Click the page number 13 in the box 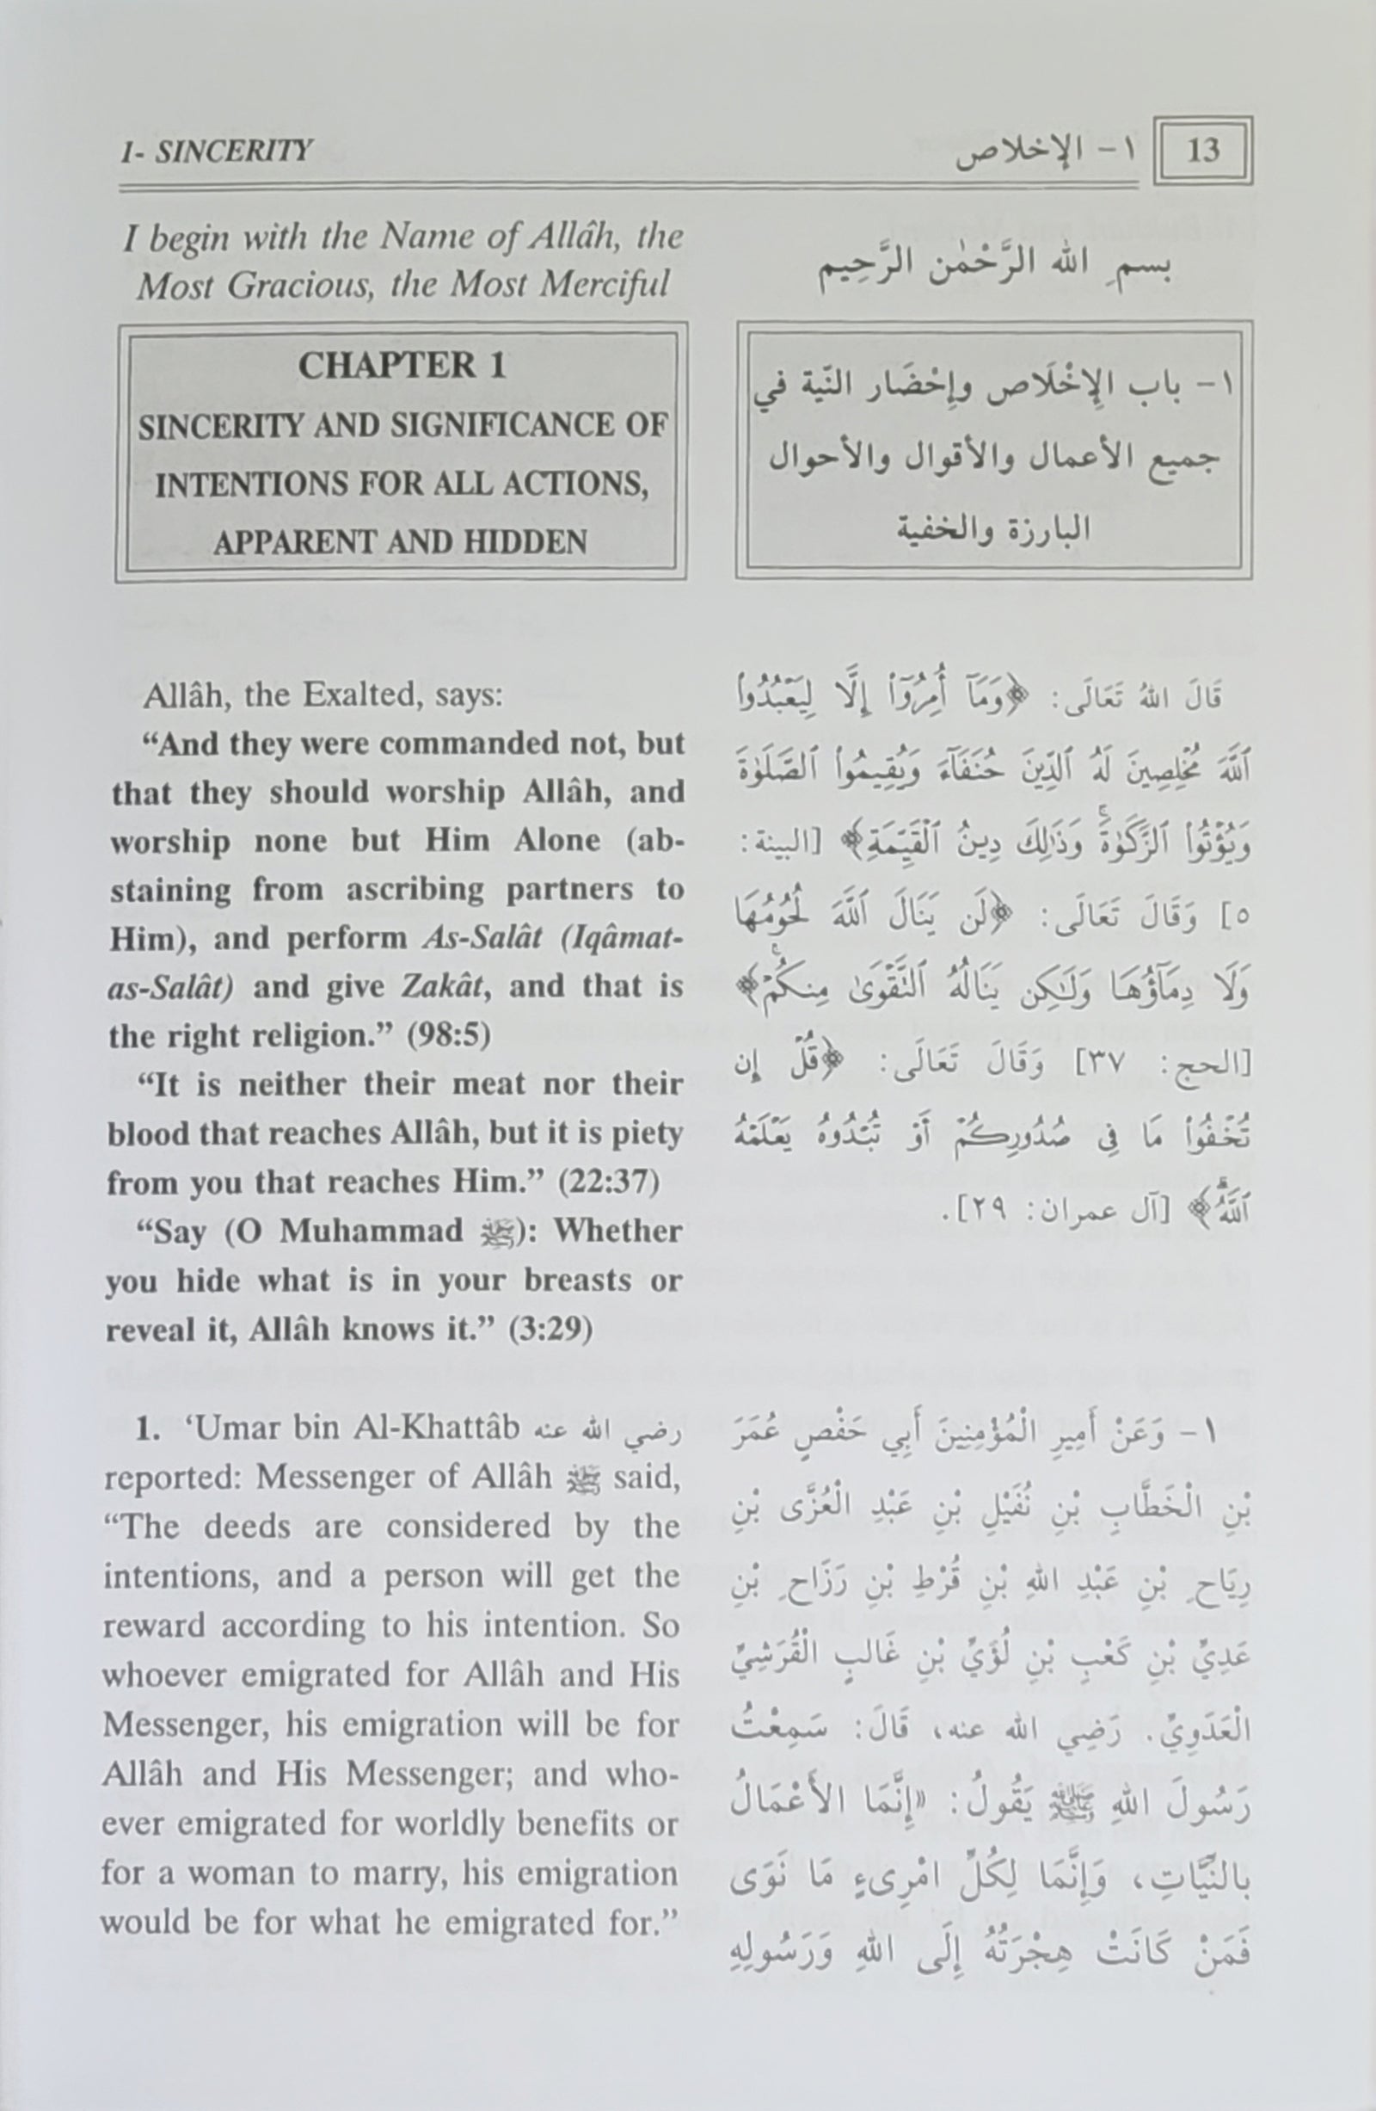(x=1202, y=151)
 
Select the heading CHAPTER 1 (x=402, y=366)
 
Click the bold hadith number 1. (x=147, y=1429)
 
